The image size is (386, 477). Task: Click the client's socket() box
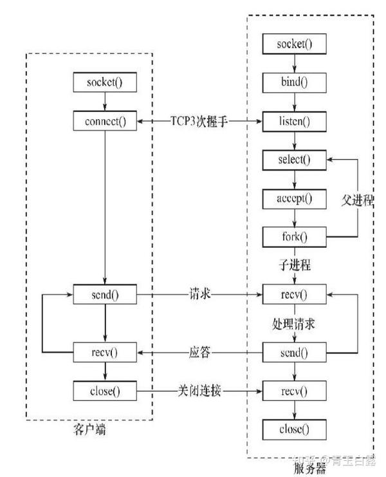[x=105, y=83]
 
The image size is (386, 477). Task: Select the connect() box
[x=105, y=121]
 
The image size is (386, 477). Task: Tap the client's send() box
[x=105, y=295]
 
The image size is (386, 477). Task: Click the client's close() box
[x=105, y=389]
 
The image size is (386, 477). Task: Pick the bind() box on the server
[x=294, y=83]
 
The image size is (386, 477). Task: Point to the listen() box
[x=294, y=121]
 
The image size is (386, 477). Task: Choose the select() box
[x=294, y=159]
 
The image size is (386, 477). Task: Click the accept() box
[x=294, y=198]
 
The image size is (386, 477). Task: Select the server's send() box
[x=294, y=352]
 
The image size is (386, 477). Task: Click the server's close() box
[x=294, y=429]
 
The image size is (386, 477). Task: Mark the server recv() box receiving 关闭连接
[x=294, y=390]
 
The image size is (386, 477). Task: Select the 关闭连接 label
[x=199, y=390]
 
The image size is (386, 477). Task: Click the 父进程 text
[x=357, y=200]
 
